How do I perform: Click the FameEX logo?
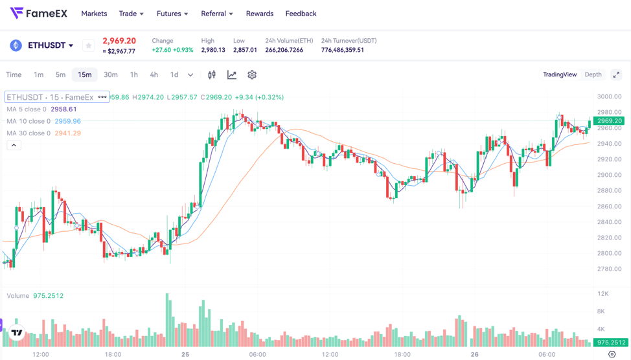tap(39, 13)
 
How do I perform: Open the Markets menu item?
tap(94, 14)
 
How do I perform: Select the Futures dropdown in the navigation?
tap(172, 14)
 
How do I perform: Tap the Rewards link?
tap(260, 14)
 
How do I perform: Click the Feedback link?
tap(301, 14)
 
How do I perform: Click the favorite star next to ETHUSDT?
tap(89, 45)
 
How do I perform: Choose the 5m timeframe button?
tap(60, 74)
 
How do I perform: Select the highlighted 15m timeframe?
tap(85, 74)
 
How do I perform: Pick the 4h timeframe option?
tap(154, 74)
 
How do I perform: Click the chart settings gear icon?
tap(252, 74)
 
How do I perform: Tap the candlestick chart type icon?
tap(212, 74)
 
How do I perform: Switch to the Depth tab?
tap(593, 74)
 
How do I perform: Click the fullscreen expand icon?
tap(616, 74)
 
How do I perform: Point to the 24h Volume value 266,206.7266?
tap(284, 50)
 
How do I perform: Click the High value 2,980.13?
tap(213, 50)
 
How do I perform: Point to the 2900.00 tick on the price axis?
tap(609, 175)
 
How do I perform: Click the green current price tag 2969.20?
tap(609, 120)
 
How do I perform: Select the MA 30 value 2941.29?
tap(68, 133)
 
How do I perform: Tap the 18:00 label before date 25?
tap(113, 354)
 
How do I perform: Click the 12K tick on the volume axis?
tap(603, 294)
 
